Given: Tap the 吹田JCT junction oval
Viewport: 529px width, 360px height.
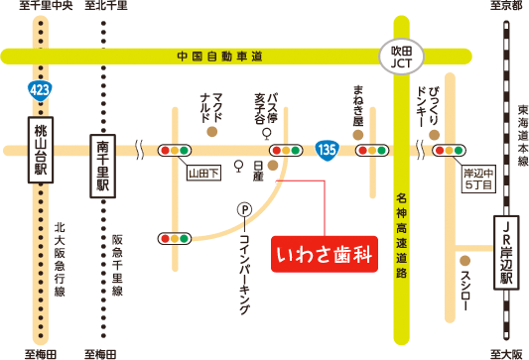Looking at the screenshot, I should [401, 57].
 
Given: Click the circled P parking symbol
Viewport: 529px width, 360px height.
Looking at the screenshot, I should [243, 208].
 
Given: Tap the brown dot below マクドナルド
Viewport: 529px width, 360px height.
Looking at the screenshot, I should [211, 130].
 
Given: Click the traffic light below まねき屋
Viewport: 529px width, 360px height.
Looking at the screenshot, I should [373, 151].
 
